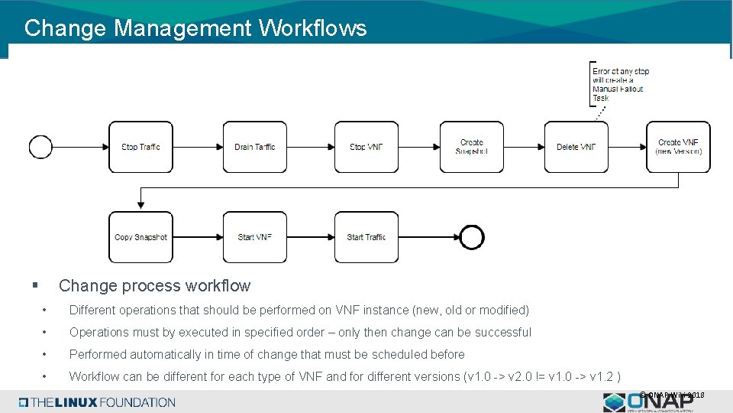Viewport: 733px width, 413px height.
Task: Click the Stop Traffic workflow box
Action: click(x=140, y=147)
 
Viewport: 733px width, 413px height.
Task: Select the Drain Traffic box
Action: click(x=254, y=147)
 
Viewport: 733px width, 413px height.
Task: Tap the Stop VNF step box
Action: click(x=366, y=147)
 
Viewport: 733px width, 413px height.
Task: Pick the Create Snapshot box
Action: click(x=471, y=147)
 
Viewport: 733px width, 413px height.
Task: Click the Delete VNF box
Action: click(x=576, y=147)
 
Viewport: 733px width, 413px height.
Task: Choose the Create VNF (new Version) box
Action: click(x=678, y=147)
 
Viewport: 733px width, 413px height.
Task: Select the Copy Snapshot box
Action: click(x=140, y=237)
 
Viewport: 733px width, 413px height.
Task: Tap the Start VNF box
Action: click(x=254, y=237)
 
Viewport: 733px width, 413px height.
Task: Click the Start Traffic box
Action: click(x=366, y=237)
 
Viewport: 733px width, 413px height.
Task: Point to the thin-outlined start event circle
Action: click(x=40, y=147)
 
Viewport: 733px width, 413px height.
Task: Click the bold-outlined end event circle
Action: click(x=472, y=237)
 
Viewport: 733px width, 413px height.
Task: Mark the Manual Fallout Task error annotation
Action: click(x=620, y=84)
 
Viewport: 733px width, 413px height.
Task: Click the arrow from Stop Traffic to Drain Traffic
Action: click(x=198, y=147)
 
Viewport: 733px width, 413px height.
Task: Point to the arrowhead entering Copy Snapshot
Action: click(x=140, y=204)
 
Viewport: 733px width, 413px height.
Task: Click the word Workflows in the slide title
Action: click(x=312, y=28)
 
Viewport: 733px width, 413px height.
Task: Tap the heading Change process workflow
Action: click(x=154, y=286)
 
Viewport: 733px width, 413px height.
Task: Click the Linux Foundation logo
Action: click(x=97, y=402)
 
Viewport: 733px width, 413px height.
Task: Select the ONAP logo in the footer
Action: click(x=649, y=402)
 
